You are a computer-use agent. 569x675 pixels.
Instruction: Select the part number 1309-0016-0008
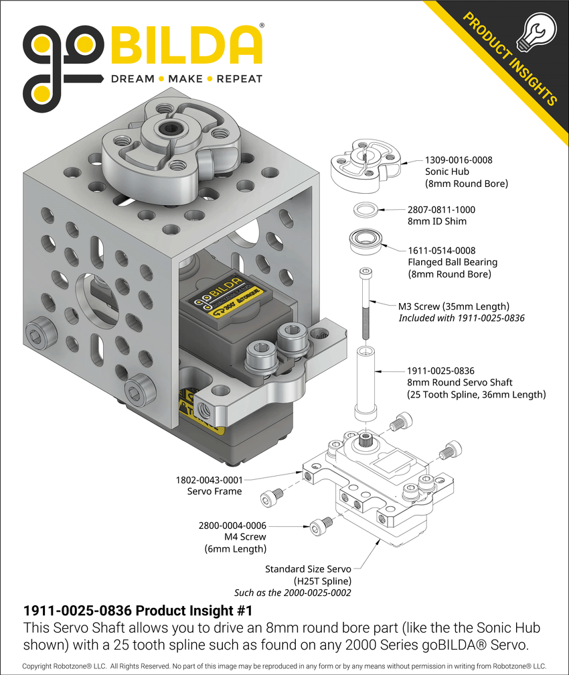click(459, 160)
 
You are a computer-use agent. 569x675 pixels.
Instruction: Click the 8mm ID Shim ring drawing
click(365, 209)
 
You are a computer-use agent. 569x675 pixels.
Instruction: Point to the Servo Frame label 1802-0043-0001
click(208, 480)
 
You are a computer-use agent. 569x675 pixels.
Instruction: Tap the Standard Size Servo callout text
click(308, 569)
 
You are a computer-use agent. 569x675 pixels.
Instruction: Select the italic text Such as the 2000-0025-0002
click(292, 593)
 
